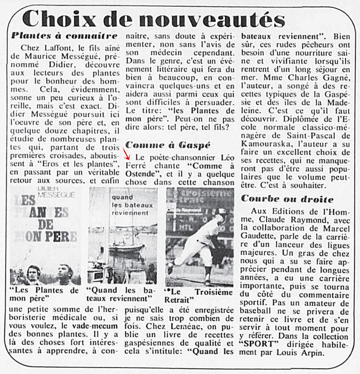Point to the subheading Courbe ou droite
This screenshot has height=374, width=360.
tap(287, 199)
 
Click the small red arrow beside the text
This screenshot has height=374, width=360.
tap(127, 156)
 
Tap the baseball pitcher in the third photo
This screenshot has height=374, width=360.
tap(201, 242)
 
